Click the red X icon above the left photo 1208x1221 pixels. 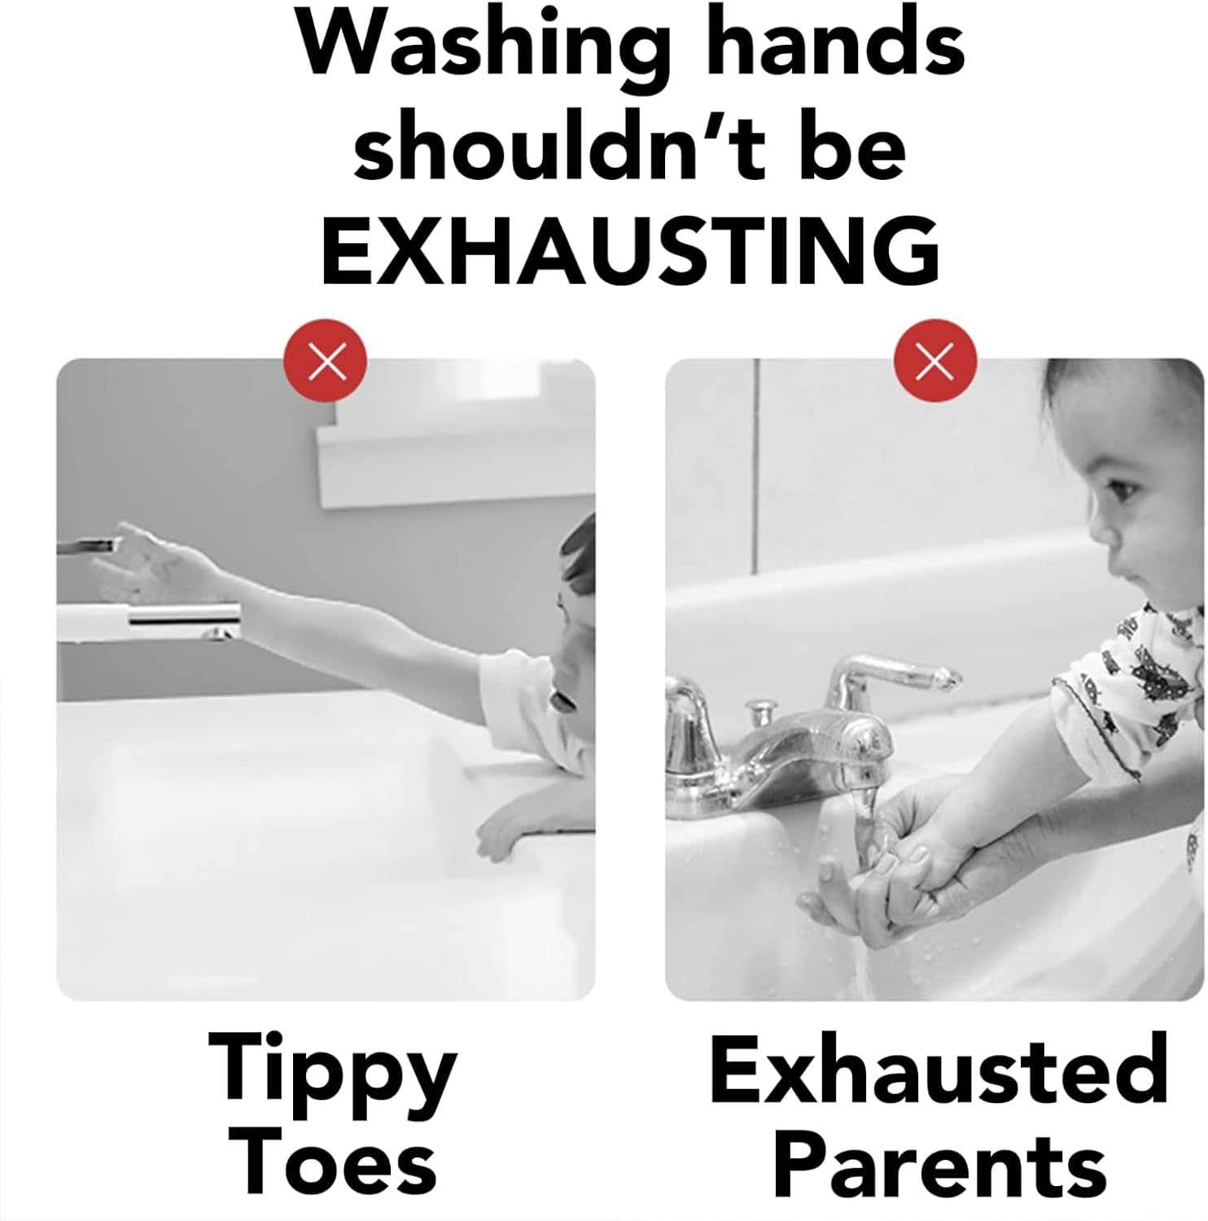(x=326, y=361)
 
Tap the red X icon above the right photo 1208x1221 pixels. (x=934, y=361)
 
